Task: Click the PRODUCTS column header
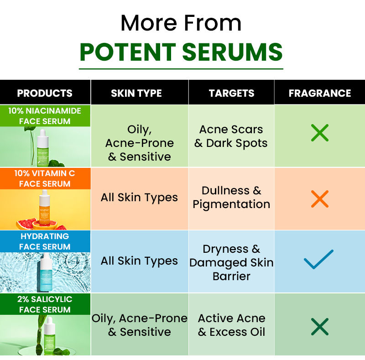(x=45, y=93)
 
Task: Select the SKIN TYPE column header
(x=136, y=93)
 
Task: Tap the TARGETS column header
(x=231, y=93)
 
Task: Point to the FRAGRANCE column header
(x=319, y=93)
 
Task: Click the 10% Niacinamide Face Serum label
(x=45, y=116)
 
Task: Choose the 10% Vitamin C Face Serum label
(x=45, y=178)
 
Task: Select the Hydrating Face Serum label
(x=45, y=241)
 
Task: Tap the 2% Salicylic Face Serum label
(x=45, y=304)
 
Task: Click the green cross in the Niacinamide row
(x=319, y=133)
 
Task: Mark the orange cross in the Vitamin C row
(x=319, y=199)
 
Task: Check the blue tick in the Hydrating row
(x=318, y=259)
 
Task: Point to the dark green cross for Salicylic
(x=319, y=327)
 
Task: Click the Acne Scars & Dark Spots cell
(x=231, y=136)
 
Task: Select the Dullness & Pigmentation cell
(x=231, y=197)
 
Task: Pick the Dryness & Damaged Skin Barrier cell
(x=231, y=262)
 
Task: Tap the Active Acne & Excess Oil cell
(x=231, y=325)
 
